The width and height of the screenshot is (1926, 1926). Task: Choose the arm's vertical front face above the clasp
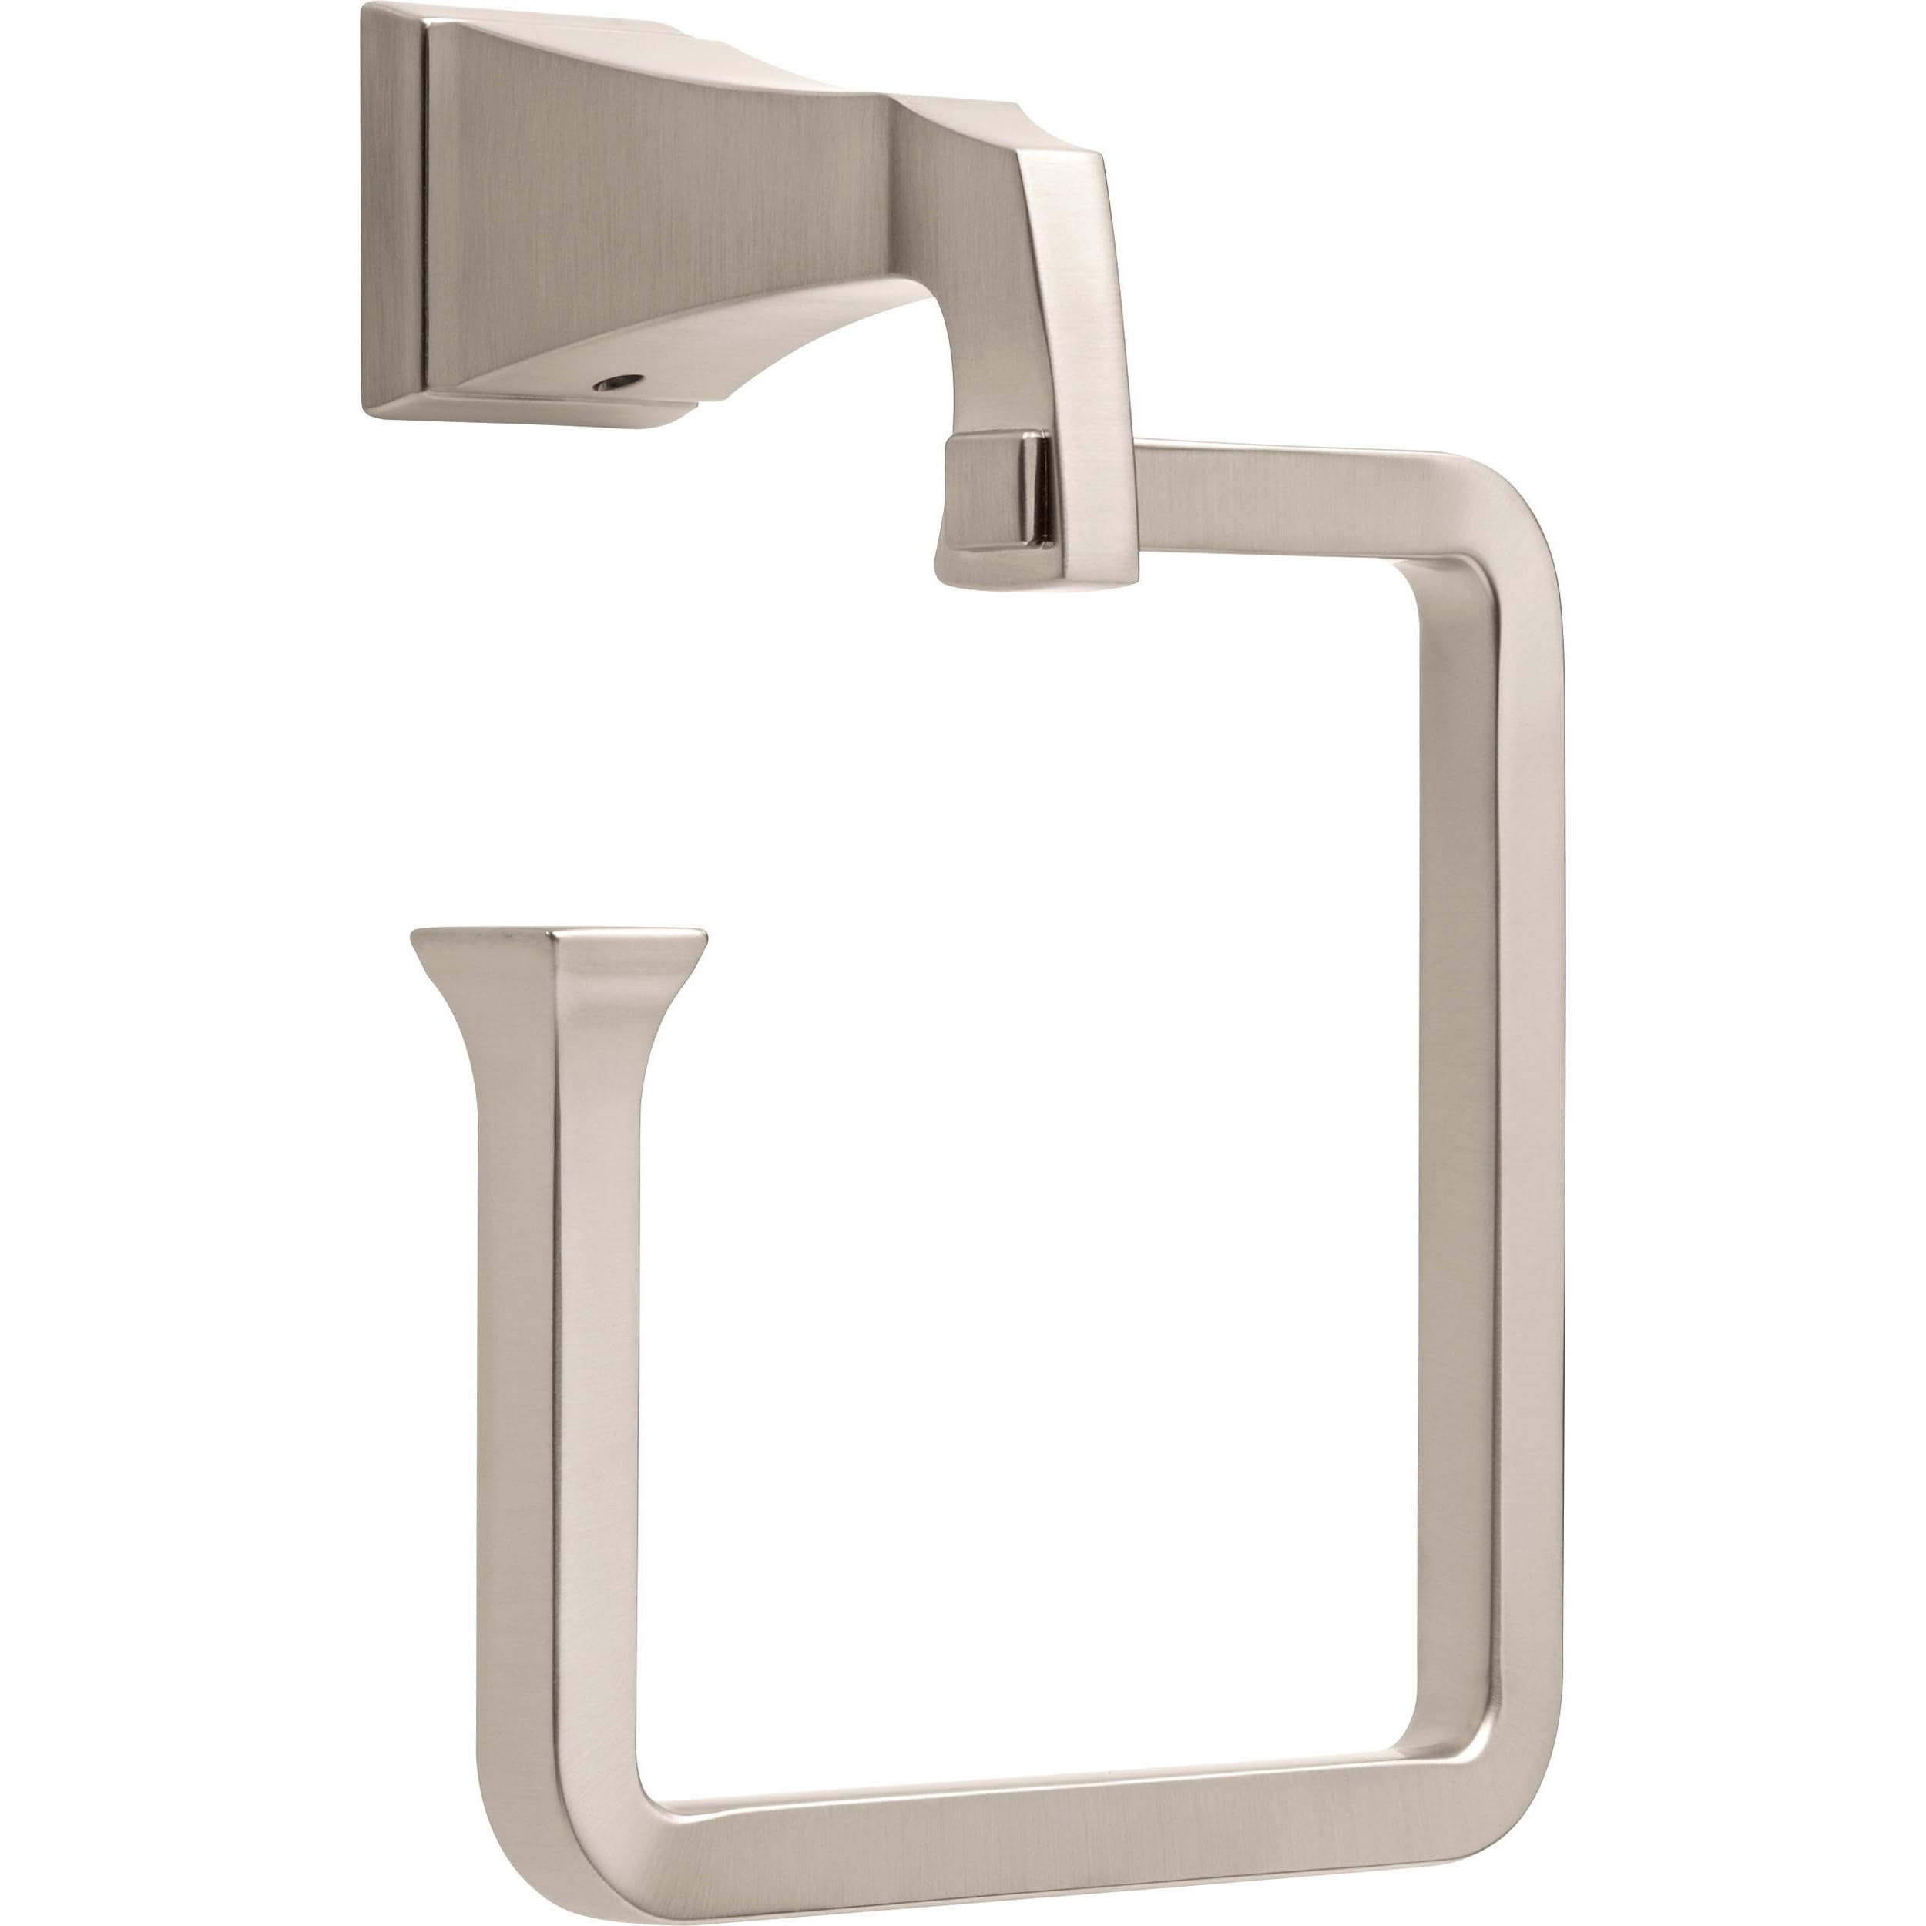point(1096,329)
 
